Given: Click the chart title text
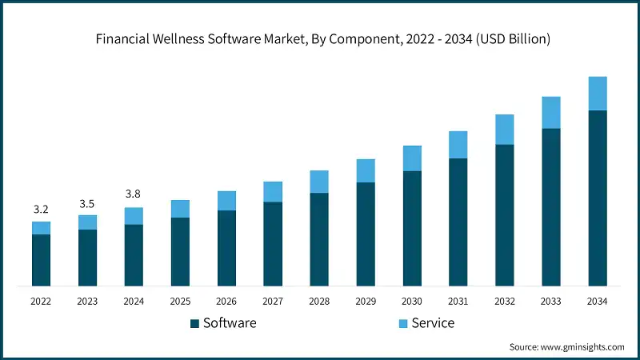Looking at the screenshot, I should tap(320, 38).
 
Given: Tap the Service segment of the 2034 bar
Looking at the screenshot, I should tap(598, 94).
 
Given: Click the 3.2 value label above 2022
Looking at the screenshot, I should tap(41, 210).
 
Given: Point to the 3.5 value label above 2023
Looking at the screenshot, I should tap(87, 203).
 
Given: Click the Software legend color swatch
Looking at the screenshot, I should tap(194, 323).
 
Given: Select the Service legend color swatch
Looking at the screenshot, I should tap(403, 323).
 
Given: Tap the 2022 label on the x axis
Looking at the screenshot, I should tap(41, 302).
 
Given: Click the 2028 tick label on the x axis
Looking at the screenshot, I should tap(319, 302).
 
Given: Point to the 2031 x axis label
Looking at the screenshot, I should tap(458, 302).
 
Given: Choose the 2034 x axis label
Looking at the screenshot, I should tap(598, 302).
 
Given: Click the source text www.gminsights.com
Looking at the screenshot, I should tap(566, 347).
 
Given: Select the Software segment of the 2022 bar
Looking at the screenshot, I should tap(41, 260).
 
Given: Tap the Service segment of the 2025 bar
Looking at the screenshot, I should tap(180, 209).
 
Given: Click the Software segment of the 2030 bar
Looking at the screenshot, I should tap(412, 228).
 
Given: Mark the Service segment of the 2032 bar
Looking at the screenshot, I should tap(505, 130).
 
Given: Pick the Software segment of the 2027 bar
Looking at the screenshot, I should tap(273, 244).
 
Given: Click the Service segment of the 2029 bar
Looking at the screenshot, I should tap(366, 170).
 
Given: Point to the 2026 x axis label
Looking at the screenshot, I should tap(226, 302).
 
